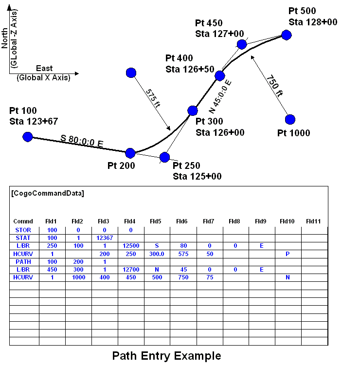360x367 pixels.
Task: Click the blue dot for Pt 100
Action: [x=28, y=137]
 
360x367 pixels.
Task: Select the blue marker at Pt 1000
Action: [x=290, y=119]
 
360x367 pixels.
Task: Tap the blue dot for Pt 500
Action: [x=286, y=35]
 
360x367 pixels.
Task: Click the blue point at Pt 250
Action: [x=164, y=157]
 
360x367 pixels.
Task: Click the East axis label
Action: [x=44, y=69]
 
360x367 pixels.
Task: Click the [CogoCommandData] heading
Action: [x=47, y=193]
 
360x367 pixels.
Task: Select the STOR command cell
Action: [x=23, y=230]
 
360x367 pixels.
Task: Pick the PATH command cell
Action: [x=23, y=261]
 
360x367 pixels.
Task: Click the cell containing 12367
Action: [x=105, y=238]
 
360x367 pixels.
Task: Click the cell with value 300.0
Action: [x=157, y=254]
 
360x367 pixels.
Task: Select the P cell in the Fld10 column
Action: [x=288, y=254]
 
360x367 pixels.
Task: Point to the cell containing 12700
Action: [x=131, y=269]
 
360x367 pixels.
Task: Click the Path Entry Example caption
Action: [x=166, y=356]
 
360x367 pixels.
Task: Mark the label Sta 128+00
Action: [x=313, y=22]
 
